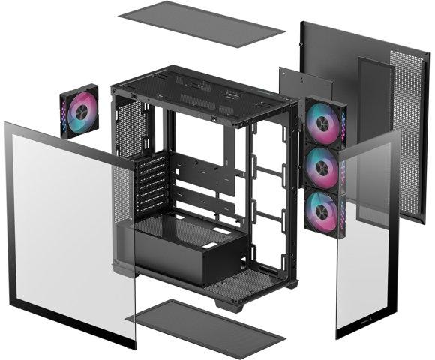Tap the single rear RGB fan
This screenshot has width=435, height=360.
[x=79, y=111]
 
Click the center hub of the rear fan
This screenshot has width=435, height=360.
[x=79, y=111]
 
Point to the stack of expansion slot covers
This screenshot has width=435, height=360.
[x=151, y=184]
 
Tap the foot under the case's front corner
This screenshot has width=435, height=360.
[x=229, y=305]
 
